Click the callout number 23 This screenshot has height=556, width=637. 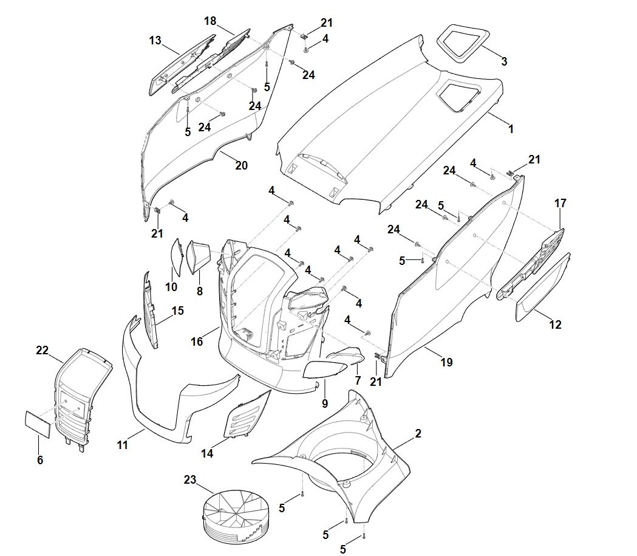point(189,480)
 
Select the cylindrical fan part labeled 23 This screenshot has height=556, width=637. point(236,517)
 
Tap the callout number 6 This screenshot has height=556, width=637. point(40,460)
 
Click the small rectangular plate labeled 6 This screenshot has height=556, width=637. point(38,424)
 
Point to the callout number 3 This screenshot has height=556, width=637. point(504,61)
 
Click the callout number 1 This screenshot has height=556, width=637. point(511,129)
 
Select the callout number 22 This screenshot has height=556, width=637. point(42,351)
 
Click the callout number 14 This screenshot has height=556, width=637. point(207,453)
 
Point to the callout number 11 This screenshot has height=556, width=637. point(122,445)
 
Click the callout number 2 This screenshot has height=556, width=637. point(418,434)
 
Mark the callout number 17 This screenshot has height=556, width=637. point(560,203)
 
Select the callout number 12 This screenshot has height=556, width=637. point(555,324)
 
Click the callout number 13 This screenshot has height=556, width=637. point(155,41)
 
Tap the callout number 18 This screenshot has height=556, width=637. point(209,21)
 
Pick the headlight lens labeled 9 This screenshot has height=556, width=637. point(325,369)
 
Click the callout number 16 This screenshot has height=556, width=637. point(197,342)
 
